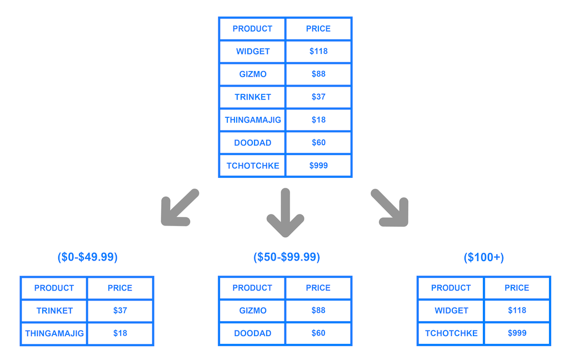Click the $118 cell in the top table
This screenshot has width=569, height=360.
(x=318, y=51)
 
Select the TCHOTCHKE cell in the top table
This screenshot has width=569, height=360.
(x=252, y=166)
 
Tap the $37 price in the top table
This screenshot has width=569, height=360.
(x=318, y=97)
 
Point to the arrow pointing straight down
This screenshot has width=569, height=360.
(x=285, y=213)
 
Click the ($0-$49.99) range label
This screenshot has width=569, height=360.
(x=87, y=257)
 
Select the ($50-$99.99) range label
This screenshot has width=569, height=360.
(x=286, y=257)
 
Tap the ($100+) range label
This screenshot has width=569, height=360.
(x=483, y=257)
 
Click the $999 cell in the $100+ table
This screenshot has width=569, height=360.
(x=517, y=333)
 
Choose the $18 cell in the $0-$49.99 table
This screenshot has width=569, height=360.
(x=120, y=333)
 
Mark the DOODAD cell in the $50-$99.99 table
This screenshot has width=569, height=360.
(x=252, y=333)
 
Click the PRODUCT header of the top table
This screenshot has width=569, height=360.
(x=252, y=29)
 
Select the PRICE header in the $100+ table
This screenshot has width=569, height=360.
(x=517, y=288)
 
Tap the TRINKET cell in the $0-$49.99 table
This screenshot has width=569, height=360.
(x=54, y=311)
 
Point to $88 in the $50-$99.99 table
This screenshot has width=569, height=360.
(x=318, y=311)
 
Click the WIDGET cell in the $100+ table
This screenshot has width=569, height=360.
(x=451, y=311)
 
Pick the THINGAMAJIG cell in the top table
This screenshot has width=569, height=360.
(x=252, y=120)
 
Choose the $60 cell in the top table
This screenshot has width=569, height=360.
(x=318, y=143)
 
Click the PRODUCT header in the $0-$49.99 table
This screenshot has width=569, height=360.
(x=54, y=288)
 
